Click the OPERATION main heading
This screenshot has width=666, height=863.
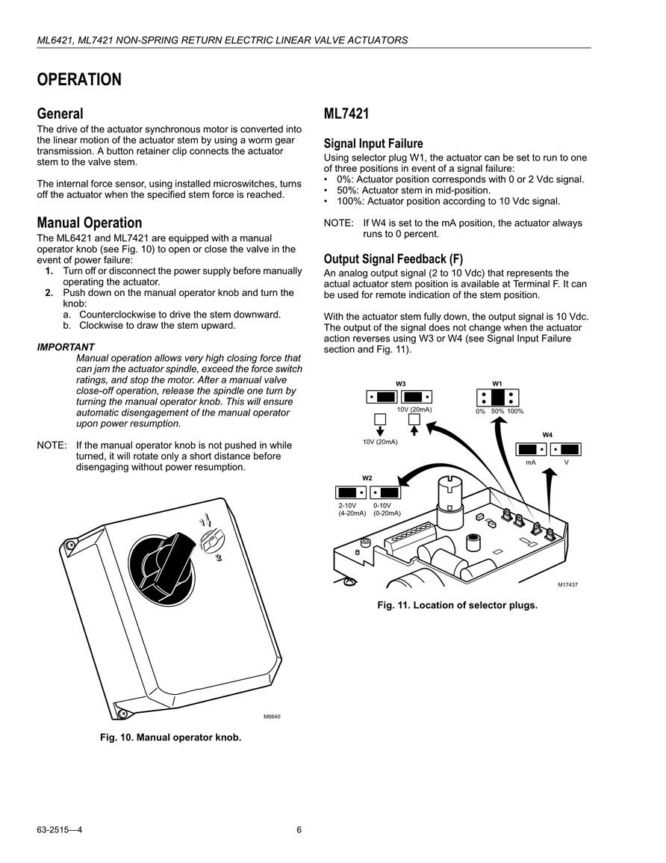pos(79,80)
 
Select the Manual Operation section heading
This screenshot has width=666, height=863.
pos(89,223)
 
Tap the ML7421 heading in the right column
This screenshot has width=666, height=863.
pos(346,114)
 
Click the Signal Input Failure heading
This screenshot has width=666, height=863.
pos(373,143)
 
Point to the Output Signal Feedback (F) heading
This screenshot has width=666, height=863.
pos(393,259)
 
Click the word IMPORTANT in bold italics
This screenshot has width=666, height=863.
pos(66,347)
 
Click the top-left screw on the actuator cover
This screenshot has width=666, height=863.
pos(70,545)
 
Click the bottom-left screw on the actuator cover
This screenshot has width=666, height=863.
pos(123,714)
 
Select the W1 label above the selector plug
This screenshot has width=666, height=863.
pos(497,383)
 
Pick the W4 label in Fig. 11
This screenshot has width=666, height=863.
pos(548,435)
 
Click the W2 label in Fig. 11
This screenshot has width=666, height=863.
pos(367,478)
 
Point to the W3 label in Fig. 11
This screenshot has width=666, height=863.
pos(401,383)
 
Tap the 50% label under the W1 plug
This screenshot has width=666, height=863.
pos(498,412)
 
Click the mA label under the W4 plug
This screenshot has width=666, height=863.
pos(531,463)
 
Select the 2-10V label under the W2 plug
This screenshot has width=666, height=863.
pos(348,506)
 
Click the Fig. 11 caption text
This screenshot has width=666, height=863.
pos(458,605)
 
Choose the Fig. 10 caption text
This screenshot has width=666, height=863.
pos(170,737)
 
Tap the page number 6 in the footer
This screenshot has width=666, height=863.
pos(299,830)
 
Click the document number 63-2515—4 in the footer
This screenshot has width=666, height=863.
pos(60,830)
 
